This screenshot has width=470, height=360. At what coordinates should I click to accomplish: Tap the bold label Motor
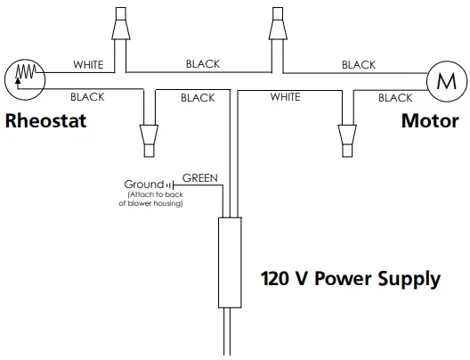click(428, 121)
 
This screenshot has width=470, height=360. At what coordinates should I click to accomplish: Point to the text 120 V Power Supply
click(350, 279)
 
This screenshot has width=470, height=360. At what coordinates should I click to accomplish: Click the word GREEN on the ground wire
click(200, 177)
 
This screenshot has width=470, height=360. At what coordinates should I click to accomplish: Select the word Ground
click(143, 184)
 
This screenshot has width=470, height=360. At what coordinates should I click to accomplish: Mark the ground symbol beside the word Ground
click(167, 185)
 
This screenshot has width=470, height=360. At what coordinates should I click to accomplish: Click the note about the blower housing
click(150, 199)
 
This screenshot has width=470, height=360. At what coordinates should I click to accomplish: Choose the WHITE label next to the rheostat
click(88, 65)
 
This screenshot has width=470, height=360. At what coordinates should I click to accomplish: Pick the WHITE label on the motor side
click(285, 96)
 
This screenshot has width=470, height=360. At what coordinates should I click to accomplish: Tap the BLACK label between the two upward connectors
click(203, 64)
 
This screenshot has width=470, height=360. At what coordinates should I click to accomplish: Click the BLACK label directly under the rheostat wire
click(86, 96)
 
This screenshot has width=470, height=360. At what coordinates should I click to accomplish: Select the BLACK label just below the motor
click(394, 97)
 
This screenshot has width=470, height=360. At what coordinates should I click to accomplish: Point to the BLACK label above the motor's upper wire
click(359, 65)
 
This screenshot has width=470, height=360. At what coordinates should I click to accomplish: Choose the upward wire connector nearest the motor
click(276, 26)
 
